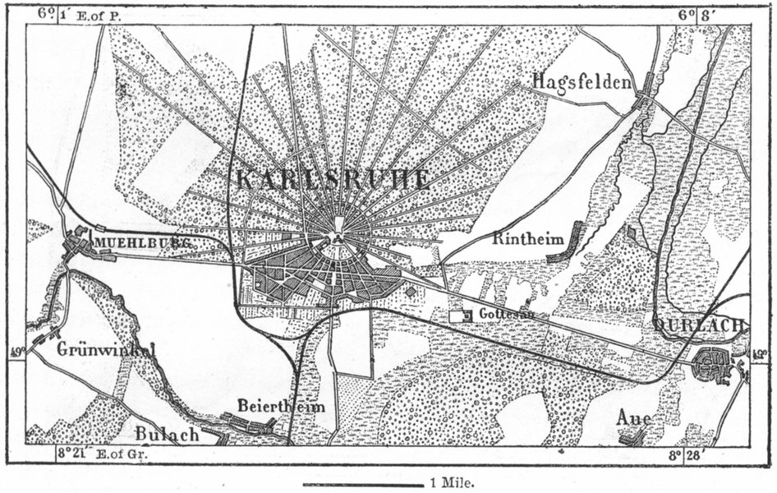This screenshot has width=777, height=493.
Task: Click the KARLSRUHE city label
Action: [332, 179]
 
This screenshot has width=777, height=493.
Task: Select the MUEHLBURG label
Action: [144, 243]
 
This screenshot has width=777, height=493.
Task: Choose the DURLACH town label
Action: [701, 325]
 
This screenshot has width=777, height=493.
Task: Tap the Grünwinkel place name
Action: [107, 349]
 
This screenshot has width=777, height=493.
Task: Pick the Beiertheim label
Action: [281, 406]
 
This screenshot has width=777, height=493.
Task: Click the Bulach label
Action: [168, 433]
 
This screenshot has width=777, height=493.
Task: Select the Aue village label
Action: [633, 418]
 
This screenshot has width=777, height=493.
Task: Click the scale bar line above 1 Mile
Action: [362, 484]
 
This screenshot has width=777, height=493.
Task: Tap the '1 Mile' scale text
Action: [450, 484]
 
